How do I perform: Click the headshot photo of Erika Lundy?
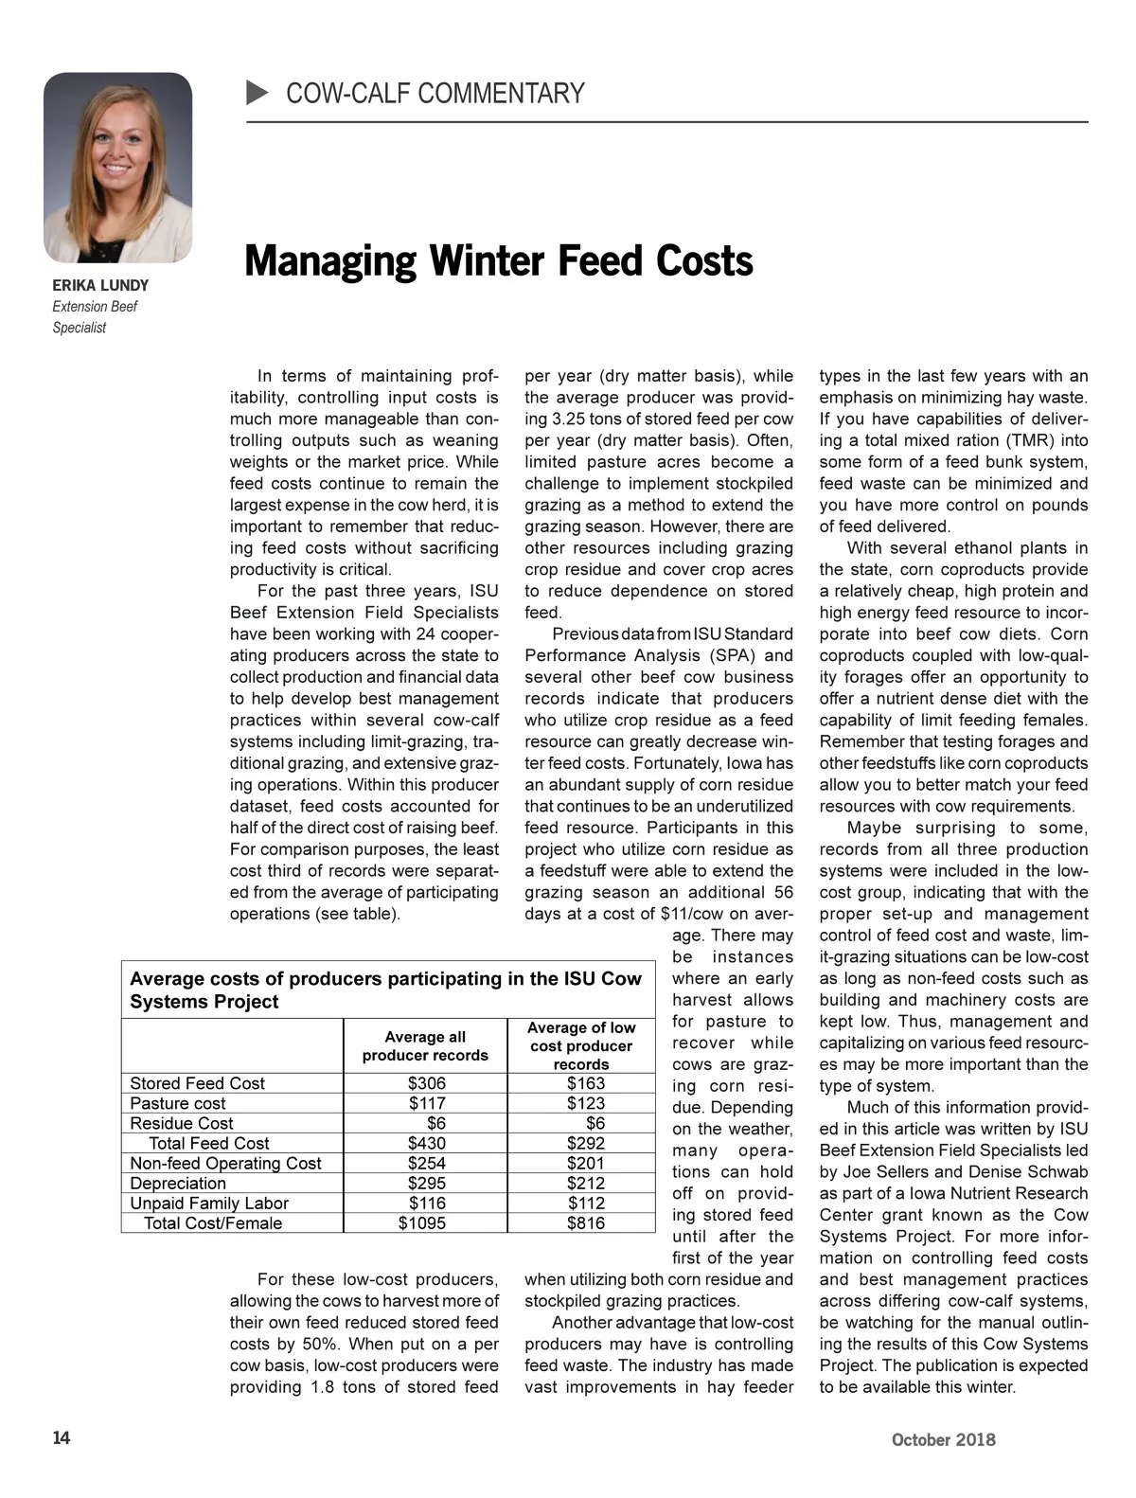click(117, 168)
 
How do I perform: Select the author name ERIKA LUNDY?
click(100, 285)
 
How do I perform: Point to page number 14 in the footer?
click(62, 1437)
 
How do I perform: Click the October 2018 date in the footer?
click(943, 1439)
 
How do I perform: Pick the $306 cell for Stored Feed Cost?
click(426, 1083)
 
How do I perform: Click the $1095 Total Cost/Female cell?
click(422, 1222)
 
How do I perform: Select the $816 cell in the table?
click(585, 1222)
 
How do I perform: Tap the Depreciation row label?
click(178, 1183)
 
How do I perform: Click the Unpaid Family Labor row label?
click(209, 1203)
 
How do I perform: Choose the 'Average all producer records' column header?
click(425, 1046)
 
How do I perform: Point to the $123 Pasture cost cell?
click(585, 1103)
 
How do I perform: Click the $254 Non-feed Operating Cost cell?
click(426, 1163)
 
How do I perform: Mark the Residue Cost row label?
click(182, 1123)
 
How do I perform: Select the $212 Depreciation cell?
click(585, 1183)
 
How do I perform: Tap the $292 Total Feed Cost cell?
click(585, 1143)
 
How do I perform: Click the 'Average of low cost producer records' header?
click(581, 1045)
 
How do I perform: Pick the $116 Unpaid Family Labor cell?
click(426, 1203)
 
